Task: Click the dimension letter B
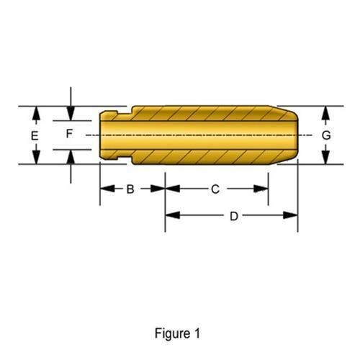pos(130,189)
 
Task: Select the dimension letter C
pos(215,189)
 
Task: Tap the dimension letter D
pos(234,216)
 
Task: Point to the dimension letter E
pos(35,136)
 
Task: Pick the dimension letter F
pos(69,134)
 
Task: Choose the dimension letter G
pos(326,135)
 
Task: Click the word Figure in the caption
pos(172,334)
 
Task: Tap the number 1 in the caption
pos(197,333)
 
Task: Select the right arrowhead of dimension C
pos(261,189)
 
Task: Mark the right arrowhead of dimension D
pos(290,215)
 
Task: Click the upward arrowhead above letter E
pos(36,113)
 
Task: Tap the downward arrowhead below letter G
pos(325,157)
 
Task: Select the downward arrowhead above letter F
pos(71,113)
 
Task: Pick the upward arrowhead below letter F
pos(71,157)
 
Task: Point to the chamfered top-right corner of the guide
pos(283,110)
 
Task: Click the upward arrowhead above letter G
pos(325,113)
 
